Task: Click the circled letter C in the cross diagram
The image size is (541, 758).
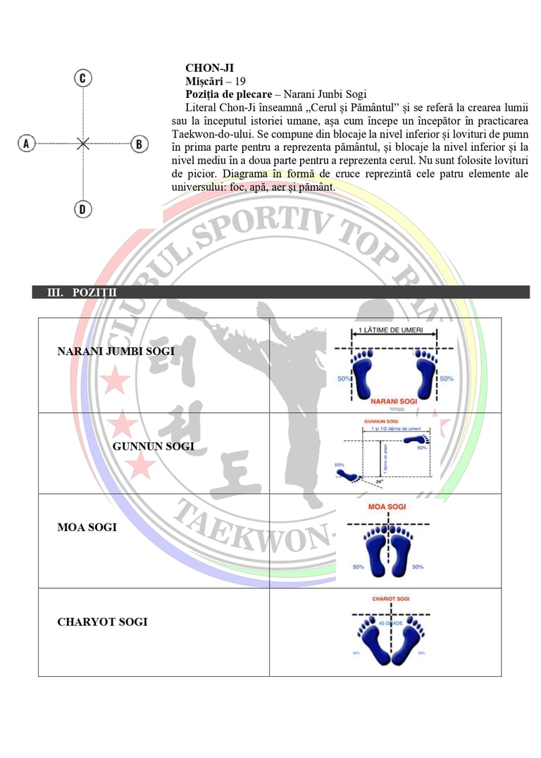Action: (x=82, y=77)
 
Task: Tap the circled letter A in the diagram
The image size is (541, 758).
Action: (x=27, y=143)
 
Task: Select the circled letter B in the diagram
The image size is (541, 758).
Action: (x=139, y=144)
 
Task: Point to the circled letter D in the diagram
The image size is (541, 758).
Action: (x=82, y=209)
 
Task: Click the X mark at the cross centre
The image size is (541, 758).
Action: (x=83, y=143)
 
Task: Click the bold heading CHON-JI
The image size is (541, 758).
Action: (x=209, y=68)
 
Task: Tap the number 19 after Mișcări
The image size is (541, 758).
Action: (x=240, y=81)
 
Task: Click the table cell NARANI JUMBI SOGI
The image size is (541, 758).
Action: (x=116, y=351)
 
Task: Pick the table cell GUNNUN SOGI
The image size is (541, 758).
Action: (x=154, y=446)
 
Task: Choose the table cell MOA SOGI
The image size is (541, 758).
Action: (x=87, y=527)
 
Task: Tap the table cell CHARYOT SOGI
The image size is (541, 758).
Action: (x=102, y=622)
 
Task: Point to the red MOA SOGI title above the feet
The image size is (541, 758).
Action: (x=386, y=506)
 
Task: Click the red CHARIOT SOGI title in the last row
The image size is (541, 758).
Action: (x=391, y=599)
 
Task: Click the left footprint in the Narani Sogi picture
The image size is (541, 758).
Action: (x=363, y=373)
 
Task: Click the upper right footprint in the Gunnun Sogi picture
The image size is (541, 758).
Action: (x=416, y=439)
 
